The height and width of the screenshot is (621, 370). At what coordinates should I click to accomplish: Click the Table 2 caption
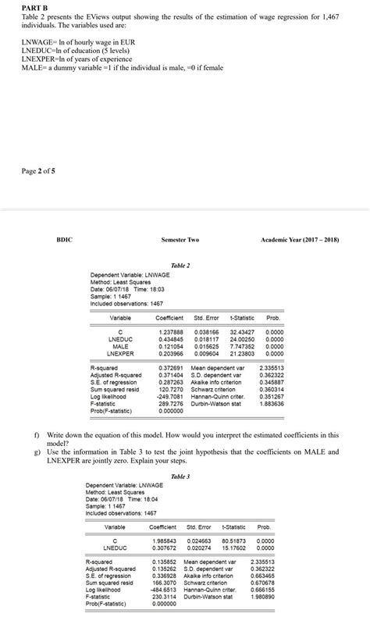180,265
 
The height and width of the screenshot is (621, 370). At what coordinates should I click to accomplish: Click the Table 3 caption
180,476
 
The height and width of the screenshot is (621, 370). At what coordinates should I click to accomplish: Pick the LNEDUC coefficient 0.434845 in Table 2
170,339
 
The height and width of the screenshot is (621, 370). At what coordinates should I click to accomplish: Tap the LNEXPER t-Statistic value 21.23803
242,352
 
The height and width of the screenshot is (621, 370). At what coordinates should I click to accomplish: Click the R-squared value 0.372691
172,367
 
